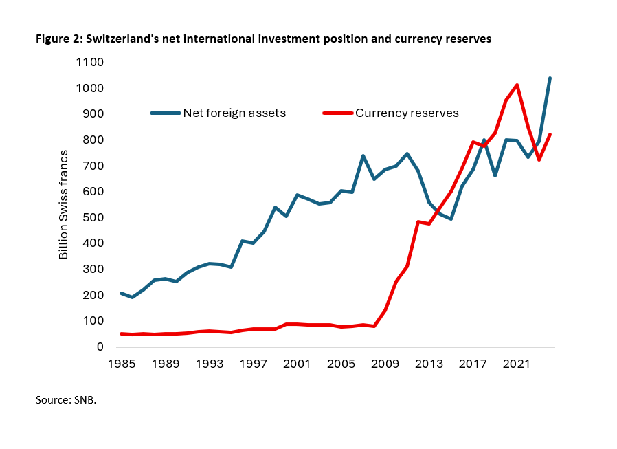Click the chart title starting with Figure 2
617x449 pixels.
263,39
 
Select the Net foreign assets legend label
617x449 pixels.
234,113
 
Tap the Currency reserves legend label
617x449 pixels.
407,113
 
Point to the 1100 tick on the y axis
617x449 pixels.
90,63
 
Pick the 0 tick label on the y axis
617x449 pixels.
100,347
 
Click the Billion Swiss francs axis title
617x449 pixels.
63,205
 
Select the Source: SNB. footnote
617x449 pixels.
66,399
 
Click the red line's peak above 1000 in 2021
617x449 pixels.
517,85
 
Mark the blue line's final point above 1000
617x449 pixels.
550,78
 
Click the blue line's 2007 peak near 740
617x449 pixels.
362,156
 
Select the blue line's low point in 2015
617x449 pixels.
451,219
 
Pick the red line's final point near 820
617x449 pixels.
550,135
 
